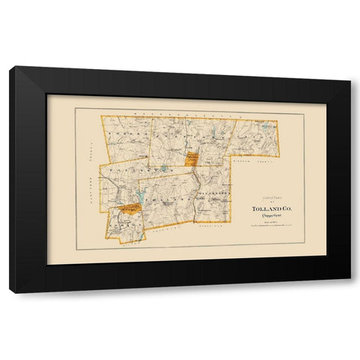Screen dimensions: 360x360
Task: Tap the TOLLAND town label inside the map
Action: tap(166, 199)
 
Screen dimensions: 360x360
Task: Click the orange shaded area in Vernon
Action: tap(130, 207)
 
